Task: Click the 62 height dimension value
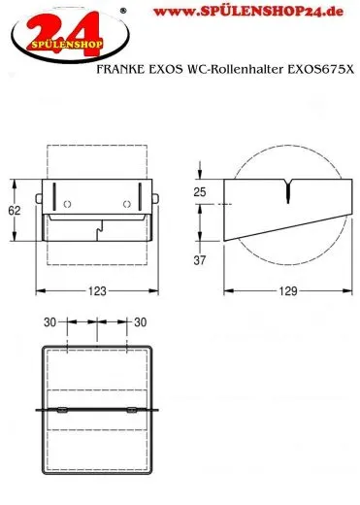click(x=15, y=211)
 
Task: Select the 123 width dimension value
click(x=97, y=291)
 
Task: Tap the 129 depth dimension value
click(x=288, y=291)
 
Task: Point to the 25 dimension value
click(x=200, y=192)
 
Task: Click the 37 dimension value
click(x=200, y=260)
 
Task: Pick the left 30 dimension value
click(x=49, y=322)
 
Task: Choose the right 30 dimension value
click(x=140, y=322)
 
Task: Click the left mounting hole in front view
click(x=67, y=204)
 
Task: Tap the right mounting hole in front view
click(x=127, y=204)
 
